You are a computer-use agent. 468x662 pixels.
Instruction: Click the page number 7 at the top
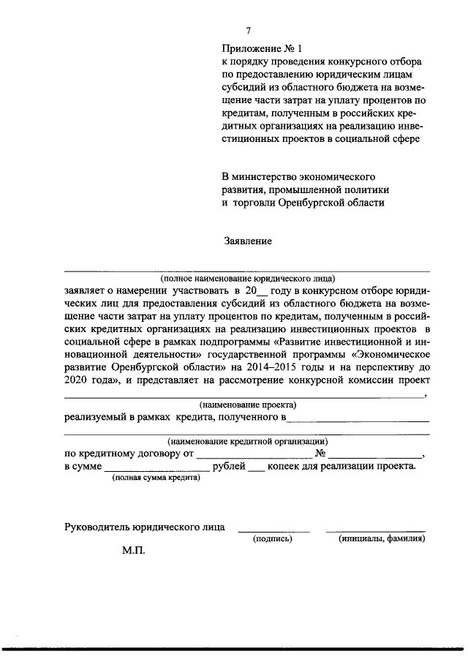click(x=248, y=31)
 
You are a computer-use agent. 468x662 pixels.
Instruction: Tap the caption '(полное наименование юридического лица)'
click(x=248, y=279)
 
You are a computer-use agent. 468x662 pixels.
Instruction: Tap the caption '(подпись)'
click(x=272, y=538)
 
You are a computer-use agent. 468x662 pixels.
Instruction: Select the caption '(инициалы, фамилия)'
click(x=382, y=538)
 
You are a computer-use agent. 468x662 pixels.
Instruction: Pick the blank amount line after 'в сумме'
click(x=156, y=470)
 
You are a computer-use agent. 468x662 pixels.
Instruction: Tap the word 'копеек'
click(x=284, y=466)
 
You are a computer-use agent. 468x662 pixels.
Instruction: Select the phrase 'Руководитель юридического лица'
click(x=145, y=526)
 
